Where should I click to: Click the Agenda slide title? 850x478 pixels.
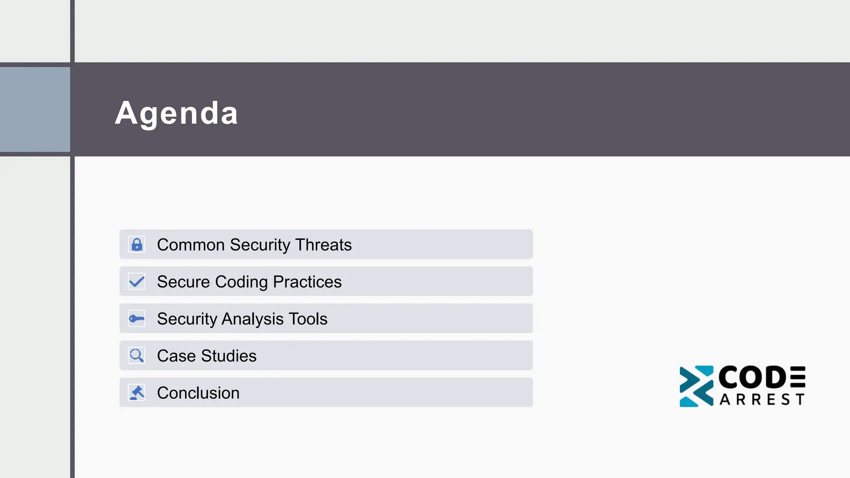[x=176, y=113]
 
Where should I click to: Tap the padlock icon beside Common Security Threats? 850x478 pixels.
[x=137, y=245]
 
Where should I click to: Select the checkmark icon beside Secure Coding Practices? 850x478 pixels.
[x=137, y=282]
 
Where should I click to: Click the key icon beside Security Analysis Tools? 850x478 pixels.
[x=137, y=319]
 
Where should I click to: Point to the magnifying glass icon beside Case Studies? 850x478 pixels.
[x=137, y=356]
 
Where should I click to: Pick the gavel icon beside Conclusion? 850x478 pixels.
[x=137, y=393]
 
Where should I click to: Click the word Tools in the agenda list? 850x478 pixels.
[x=308, y=319]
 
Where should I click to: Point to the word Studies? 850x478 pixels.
[x=229, y=356]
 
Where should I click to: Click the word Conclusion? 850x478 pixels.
[x=198, y=393]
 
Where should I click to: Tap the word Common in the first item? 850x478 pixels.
[x=191, y=245]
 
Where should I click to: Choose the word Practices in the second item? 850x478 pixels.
[x=307, y=282]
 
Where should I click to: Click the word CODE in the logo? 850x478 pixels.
[x=762, y=377]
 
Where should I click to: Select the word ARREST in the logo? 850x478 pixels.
[x=762, y=400]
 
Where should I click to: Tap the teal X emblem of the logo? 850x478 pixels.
[x=696, y=386]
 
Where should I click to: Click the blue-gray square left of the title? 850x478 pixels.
[x=35, y=110]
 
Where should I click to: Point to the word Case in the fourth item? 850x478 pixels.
[x=176, y=356]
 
